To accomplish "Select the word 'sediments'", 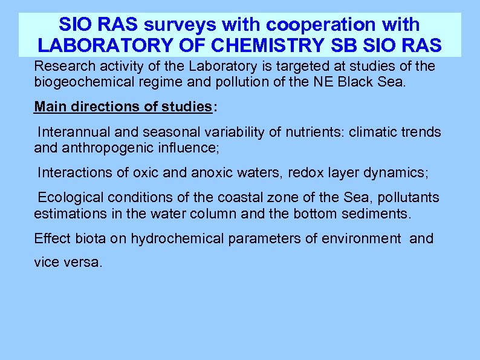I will [380, 214].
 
